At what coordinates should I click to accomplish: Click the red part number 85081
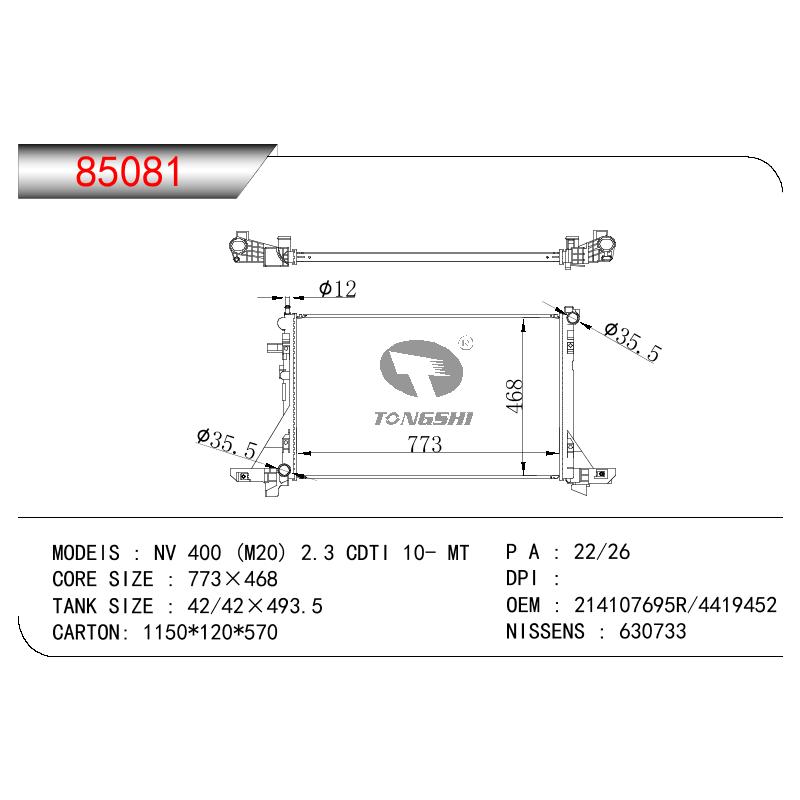point(128,171)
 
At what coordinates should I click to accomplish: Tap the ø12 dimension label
point(338,289)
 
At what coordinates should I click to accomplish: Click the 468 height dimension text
point(514,395)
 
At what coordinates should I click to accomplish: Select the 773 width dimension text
point(424,444)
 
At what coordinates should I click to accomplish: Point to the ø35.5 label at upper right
point(633,342)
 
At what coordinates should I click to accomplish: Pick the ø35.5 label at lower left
point(227,444)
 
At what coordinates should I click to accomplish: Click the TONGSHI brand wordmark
point(423,419)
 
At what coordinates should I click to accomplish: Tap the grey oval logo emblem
point(421,368)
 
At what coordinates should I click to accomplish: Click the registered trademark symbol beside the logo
point(466,343)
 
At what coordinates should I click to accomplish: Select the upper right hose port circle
point(571,318)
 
